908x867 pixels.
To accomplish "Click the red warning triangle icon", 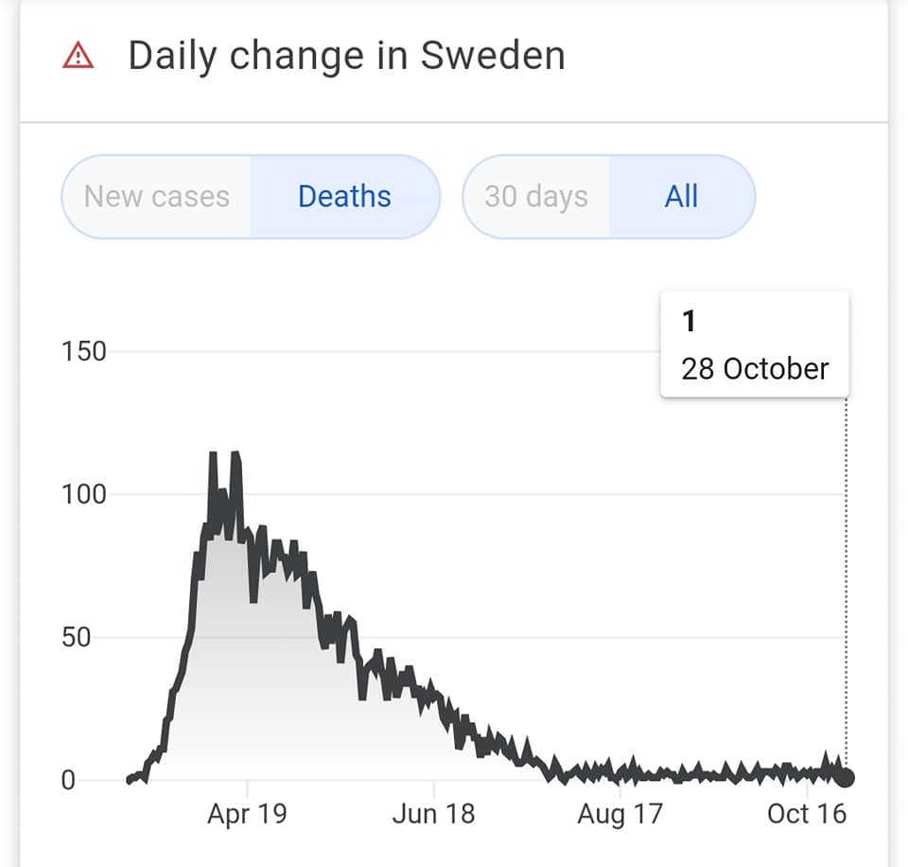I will pos(78,57).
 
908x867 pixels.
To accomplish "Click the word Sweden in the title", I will pos(493,56).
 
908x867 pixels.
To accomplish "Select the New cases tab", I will pos(157,197).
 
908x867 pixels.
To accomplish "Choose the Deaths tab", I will pos(344,197).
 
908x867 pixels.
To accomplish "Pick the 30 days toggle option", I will pos(536,197).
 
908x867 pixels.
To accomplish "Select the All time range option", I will pos(681,197).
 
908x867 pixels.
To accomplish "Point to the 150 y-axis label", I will pos(84,352).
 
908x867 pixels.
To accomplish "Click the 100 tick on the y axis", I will pos(84,494).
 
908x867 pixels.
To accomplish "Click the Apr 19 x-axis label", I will pos(247,814).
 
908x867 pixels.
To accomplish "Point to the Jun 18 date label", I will pos(434,814).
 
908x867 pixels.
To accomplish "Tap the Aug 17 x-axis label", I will pos(620,814).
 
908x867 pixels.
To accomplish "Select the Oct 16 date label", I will pos(807,814).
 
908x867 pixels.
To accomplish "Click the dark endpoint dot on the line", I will pos(846,778).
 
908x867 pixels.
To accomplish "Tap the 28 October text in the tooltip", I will pos(755,368).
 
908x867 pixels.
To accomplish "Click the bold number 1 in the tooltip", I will pos(689,322).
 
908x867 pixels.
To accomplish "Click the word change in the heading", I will pos(281,57).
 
